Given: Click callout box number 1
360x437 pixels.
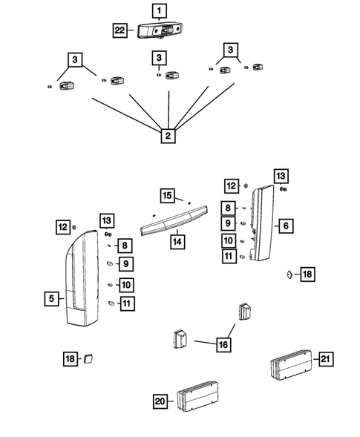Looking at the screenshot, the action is point(160,11).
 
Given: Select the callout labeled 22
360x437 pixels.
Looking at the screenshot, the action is point(120,30).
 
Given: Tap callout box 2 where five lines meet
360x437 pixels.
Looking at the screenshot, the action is point(168,136).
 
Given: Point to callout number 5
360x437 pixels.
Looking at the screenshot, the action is point(52,298).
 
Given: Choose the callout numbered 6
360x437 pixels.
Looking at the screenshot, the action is point(286,226).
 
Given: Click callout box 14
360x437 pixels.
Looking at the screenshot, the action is point(177,242).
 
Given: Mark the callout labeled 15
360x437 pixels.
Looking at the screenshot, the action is point(167,195).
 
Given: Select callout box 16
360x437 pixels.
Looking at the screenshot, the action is point(223,344).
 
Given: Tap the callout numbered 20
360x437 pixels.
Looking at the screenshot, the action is point(160,401).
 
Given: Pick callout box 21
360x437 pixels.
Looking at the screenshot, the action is point(326,359).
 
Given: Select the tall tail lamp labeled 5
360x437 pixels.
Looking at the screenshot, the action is point(82,278).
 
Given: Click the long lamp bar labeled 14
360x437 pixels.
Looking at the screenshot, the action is point(174,220).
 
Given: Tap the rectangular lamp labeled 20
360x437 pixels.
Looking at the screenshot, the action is point(197,396).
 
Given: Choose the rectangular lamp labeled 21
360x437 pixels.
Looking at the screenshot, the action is point(291,364).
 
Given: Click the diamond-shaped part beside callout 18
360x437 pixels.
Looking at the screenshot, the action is point(289,275).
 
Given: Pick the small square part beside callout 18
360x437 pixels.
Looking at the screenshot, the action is point(88,358).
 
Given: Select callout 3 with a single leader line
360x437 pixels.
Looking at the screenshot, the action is point(159,58).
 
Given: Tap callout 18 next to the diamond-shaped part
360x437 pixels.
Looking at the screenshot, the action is point(307,275).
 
